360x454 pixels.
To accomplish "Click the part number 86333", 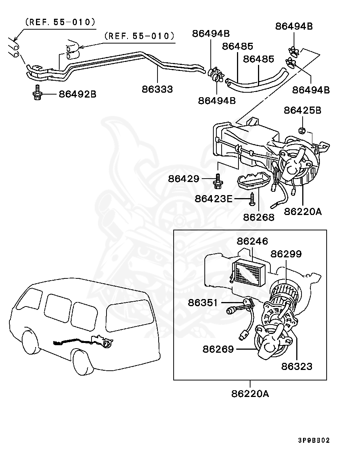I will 157,89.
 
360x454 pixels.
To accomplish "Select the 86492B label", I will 77,94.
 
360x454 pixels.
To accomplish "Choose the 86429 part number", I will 183,179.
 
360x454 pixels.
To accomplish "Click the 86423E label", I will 213,198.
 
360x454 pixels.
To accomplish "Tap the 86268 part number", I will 258,217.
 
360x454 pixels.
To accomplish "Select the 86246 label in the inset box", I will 252,241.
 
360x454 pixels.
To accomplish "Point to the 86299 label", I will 286,254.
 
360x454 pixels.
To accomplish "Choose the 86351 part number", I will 203,302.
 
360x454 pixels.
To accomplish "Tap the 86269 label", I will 218,349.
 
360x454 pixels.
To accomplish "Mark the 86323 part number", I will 297,366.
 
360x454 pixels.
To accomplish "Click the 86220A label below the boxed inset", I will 250,394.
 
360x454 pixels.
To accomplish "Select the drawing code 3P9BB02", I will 314,440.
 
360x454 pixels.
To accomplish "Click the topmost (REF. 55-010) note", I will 60,22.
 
